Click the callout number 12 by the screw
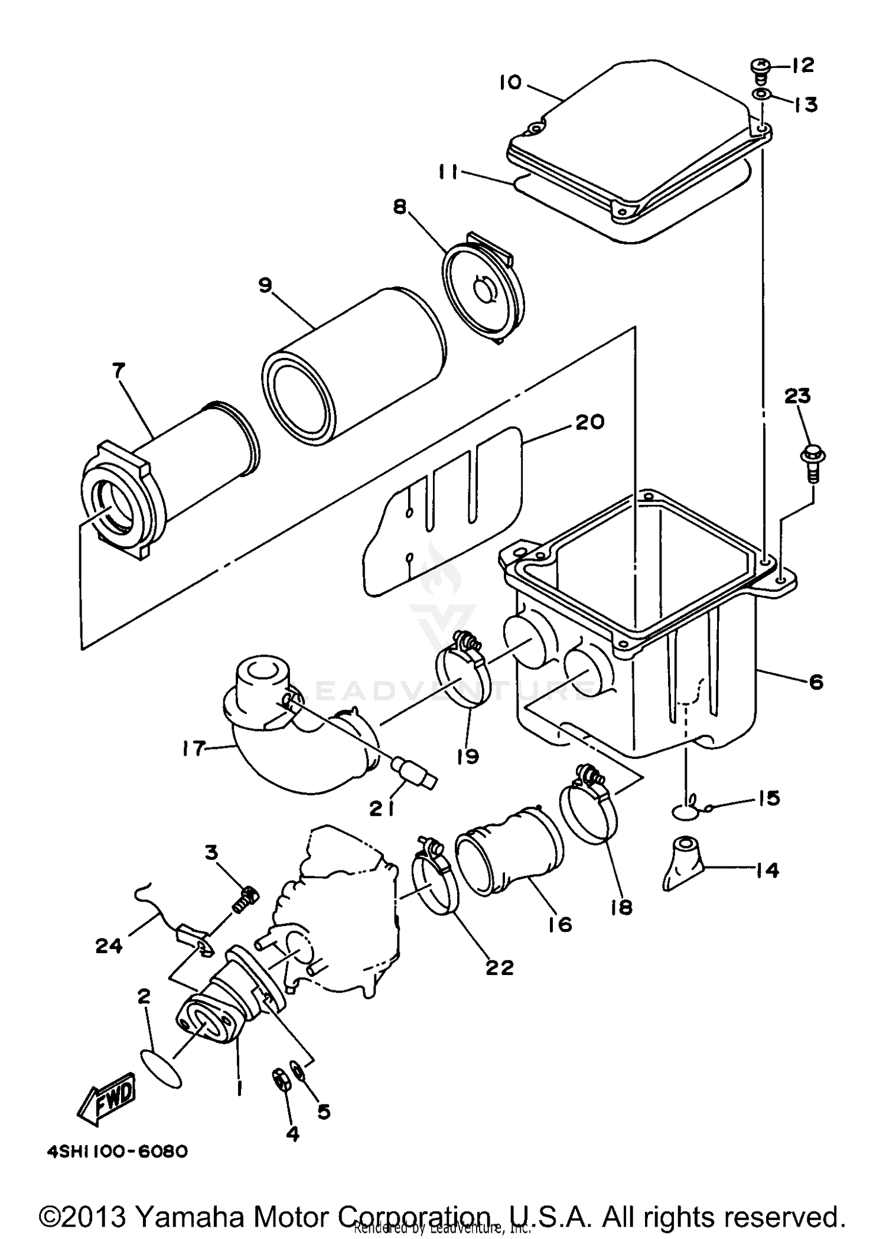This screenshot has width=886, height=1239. pyautogui.click(x=802, y=65)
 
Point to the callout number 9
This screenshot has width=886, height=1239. pyautogui.click(x=265, y=285)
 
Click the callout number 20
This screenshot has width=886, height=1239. pyautogui.click(x=589, y=422)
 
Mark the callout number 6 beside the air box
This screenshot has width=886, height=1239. pyautogui.click(x=816, y=683)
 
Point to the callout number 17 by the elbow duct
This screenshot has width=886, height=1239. pyautogui.click(x=194, y=749)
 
